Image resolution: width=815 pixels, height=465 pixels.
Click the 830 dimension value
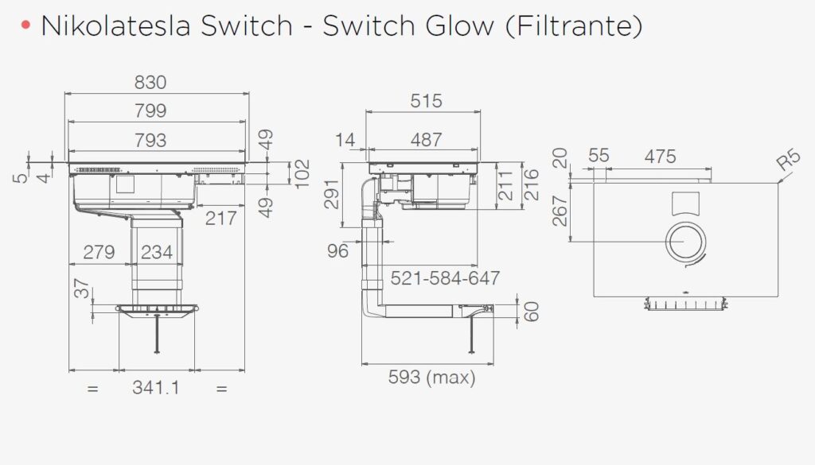150,83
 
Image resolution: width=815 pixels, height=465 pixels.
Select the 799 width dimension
150,111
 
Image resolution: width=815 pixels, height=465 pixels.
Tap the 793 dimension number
150,141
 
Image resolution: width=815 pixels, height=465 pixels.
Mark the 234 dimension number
157,253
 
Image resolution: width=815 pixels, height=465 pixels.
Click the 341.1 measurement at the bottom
156,389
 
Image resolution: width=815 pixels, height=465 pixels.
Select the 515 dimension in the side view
426,101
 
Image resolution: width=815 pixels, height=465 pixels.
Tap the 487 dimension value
426,140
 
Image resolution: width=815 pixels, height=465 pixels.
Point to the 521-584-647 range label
445,278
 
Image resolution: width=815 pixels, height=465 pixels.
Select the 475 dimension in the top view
660,157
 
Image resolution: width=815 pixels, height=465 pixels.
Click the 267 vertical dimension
560,211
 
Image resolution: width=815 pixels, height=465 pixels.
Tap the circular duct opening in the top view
685,242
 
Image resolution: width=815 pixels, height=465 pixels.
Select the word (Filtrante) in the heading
573,26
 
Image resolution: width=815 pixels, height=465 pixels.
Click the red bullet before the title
27,26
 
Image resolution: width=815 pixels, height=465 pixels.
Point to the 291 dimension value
332,195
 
